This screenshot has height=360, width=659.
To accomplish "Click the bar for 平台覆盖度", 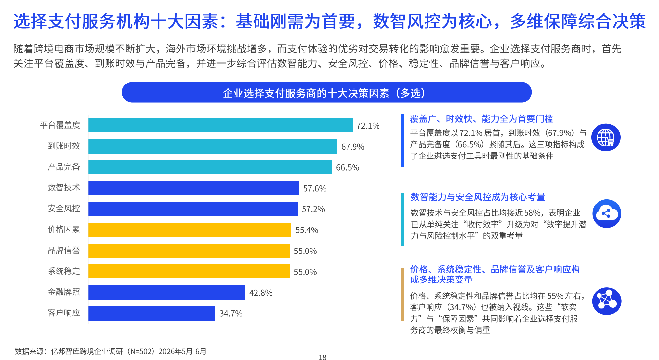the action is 220,125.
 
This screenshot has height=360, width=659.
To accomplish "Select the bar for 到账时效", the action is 213,146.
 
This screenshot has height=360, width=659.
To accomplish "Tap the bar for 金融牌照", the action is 167,292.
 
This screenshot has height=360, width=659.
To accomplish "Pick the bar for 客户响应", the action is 152,313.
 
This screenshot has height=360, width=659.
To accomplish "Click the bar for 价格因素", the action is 190,230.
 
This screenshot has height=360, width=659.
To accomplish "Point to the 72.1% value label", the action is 368,126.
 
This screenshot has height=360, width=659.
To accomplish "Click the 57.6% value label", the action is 315,188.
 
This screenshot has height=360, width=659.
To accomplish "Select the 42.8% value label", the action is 261,293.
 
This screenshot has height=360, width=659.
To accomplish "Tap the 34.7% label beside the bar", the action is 231,314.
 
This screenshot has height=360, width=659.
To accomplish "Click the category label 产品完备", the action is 64,167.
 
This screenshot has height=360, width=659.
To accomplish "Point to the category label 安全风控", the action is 64,209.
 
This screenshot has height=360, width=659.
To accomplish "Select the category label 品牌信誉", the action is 64,251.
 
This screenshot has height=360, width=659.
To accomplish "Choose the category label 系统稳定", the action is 64,271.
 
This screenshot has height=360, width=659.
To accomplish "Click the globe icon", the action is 606,137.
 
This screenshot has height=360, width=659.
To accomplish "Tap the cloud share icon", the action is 606,213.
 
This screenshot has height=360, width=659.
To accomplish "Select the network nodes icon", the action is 606,301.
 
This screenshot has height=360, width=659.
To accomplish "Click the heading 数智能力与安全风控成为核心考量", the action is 477,197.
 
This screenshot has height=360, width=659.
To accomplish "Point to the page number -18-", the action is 323,357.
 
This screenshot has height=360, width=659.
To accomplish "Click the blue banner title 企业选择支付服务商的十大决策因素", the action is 306,93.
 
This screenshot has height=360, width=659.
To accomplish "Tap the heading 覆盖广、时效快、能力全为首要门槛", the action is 481,119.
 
